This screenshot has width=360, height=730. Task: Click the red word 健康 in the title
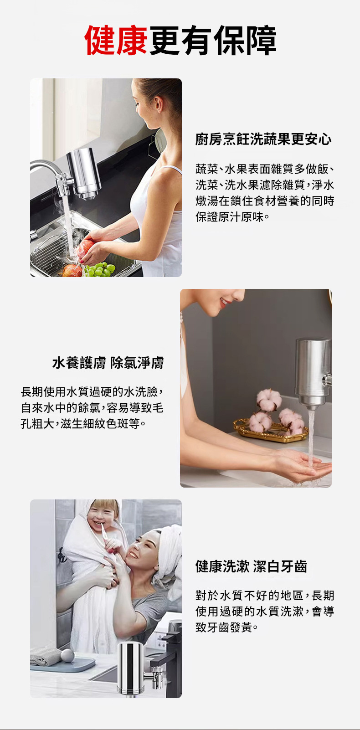point(116,40)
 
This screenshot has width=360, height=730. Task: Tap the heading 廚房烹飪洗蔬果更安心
point(263,139)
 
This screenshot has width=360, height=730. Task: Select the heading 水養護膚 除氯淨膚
point(108,363)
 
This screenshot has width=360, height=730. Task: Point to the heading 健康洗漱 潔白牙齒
point(251,566)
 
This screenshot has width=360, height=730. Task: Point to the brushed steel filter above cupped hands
point(313,374)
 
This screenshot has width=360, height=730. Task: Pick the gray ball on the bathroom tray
point(67,655)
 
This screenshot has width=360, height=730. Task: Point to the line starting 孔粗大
point(83,424)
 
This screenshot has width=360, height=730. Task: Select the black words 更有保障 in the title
point(212,40)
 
